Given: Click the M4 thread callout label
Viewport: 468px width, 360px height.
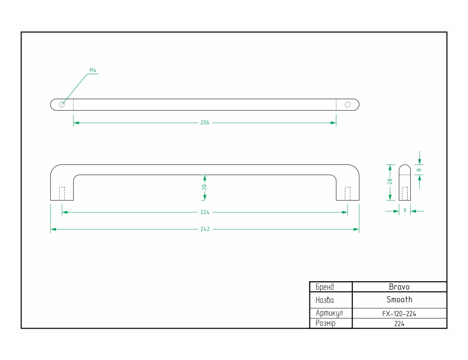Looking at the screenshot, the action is pos(93,70).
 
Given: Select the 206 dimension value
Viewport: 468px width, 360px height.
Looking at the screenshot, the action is pos(204,122).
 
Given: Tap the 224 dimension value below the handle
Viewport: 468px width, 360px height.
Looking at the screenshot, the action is pos(205,212).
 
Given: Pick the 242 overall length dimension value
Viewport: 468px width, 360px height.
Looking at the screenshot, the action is pos(205,229).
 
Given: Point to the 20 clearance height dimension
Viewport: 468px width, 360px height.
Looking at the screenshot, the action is pos(204,187).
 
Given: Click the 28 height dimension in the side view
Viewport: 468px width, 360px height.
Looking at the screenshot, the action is pos(390,181).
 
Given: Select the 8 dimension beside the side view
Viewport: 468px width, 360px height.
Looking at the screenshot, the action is pos(419,170).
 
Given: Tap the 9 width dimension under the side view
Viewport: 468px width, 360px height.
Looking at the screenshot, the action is pos(405,210).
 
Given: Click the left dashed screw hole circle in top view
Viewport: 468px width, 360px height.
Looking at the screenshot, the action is pos(62,105).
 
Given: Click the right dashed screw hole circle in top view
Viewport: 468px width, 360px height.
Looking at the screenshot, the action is pos(347,105).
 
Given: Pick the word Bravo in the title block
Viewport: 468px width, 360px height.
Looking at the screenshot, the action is pos(399,287).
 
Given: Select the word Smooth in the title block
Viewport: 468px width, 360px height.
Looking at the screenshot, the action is pos(399,300).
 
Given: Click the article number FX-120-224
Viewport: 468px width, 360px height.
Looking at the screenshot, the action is pos(399,314).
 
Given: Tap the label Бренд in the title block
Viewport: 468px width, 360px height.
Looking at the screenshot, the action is pos(325,287).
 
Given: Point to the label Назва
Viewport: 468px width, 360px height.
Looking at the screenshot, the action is pos(325,300).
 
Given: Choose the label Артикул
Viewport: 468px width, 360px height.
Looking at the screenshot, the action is pos(329,313).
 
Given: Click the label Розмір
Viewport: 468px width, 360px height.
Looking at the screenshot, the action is pos(325,323).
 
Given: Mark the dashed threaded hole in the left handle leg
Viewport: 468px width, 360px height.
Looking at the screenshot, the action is pos(62,194).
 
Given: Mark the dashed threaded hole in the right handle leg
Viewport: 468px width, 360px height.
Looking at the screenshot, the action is pos(347,194).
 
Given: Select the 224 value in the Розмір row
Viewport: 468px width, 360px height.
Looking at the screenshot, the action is pos(399,324).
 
